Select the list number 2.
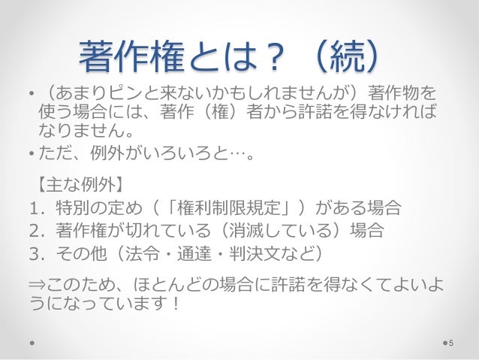tap(33, 229)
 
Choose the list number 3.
tap(33, 252)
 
